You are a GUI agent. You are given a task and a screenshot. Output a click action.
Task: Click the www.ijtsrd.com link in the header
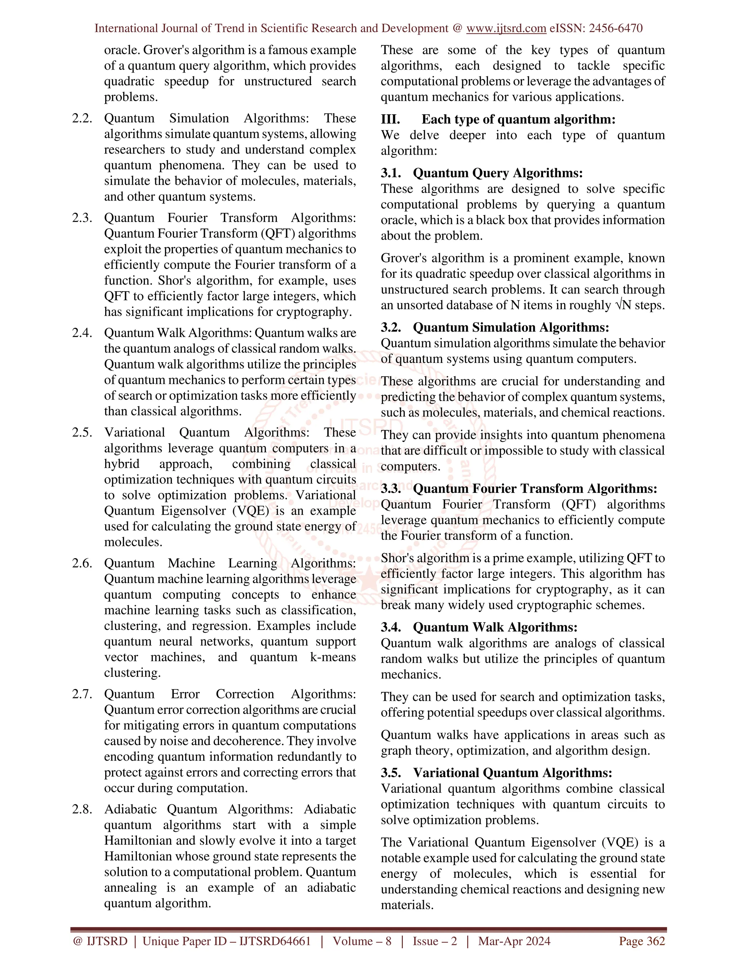coord(506,28)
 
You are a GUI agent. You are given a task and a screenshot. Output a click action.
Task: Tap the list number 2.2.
coord(82,119)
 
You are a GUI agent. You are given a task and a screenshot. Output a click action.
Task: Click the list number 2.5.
coord(82,432)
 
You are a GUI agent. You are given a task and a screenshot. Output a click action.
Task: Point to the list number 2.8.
coord(82,809)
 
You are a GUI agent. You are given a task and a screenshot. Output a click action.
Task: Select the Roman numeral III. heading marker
coord(390,119)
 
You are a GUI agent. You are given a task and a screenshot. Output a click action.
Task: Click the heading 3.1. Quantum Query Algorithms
coord(481,173)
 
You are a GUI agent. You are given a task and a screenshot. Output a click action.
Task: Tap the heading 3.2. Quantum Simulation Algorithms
coord(494,328)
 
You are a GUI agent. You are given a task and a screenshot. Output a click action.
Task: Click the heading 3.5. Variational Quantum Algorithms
coord(496,773)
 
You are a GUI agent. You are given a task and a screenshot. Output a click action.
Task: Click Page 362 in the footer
coord(641,941)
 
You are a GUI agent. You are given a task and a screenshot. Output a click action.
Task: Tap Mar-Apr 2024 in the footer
coord(514,941)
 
